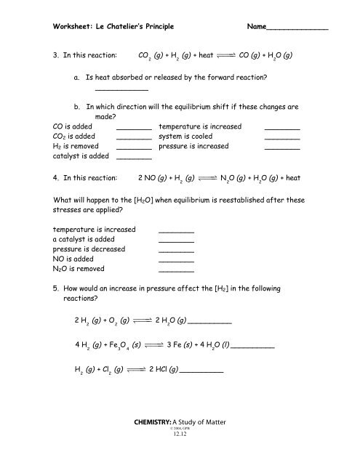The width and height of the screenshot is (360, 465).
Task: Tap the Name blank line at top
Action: (298, 29)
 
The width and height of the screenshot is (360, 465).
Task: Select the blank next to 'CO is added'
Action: (134, 129)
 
